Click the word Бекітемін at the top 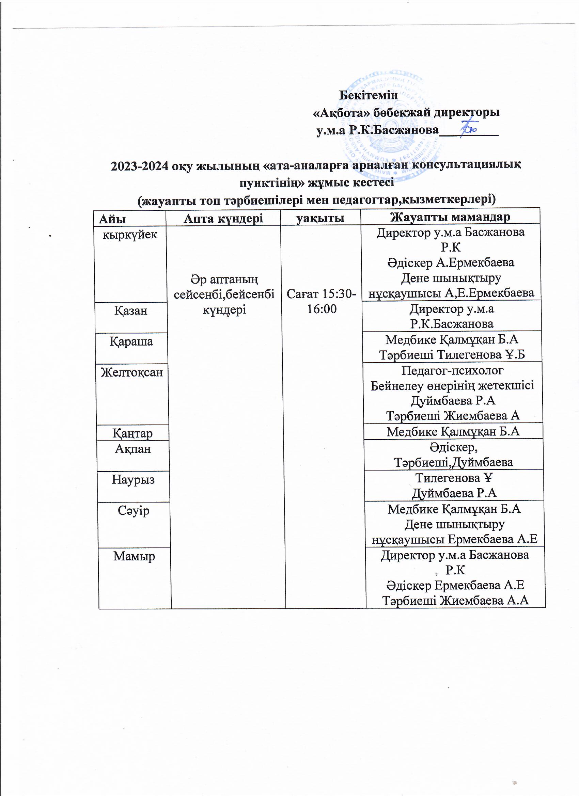[x=368, y=95]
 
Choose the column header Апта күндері [x=223, y=218]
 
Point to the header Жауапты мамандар [x=450, y=217]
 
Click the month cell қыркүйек [x=130, y=235]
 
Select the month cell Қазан [x=131, y=310]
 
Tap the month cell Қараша [x=131, y=341]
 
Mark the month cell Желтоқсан [x=132, y=372]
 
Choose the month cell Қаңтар [x=132, y=433]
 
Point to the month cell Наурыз [x=133, y=479]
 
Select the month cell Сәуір [x=134, y=511]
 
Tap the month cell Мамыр [x=134, y=556]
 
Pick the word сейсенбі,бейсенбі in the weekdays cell [x=224, y=294]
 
